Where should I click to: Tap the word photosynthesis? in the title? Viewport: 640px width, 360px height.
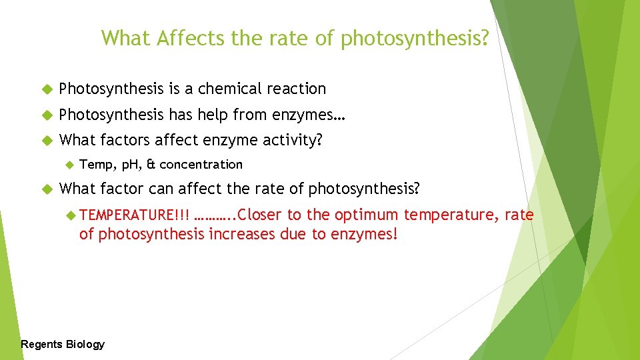415,39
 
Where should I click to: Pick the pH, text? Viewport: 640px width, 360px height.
129,165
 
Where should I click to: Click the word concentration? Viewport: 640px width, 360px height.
201,165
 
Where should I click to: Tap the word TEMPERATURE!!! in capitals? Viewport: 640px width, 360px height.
134,215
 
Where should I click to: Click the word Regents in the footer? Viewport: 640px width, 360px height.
42,344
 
